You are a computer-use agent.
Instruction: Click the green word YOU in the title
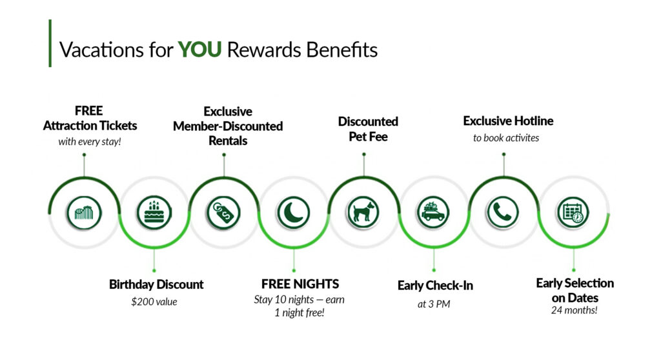[x=199, y=50]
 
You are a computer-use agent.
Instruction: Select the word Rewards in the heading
[x=259, y=50]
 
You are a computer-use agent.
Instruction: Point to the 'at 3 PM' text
[x=434, y=304]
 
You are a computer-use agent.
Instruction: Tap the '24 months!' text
[x=575, y=310]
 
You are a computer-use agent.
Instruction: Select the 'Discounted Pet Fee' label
[x=368, y=128]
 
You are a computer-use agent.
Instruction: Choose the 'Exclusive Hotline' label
[x=508, y=121]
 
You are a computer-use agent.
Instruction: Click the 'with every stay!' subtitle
[x=90, y=141]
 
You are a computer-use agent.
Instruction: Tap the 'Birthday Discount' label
[x=156, y=284]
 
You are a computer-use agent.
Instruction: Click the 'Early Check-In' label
[x=435, y=285]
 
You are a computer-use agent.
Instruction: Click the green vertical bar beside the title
[x=50, y=43]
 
